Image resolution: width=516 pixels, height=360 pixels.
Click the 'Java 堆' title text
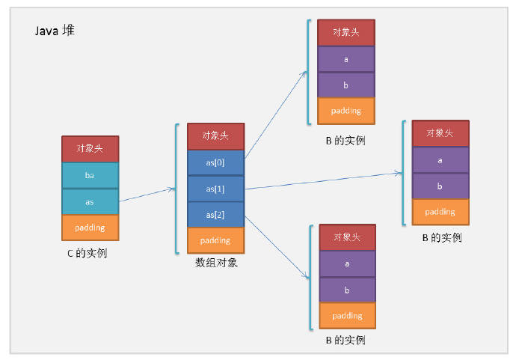coord(55,31)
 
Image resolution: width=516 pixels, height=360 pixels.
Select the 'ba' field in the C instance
coord(90,176)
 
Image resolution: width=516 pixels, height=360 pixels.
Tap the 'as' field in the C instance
coord(90,201)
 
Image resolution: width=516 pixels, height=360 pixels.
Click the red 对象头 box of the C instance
coord(90,148)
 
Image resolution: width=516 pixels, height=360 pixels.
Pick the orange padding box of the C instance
coord(90,228)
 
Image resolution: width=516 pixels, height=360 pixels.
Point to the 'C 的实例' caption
coord(87,253)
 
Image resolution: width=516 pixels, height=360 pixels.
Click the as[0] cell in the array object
coord(215,162)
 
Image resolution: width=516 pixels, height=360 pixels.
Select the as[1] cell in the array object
coord(215,189)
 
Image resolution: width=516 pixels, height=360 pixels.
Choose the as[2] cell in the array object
coord(215,215)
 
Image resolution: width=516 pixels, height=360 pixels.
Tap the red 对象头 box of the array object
coord(215,136)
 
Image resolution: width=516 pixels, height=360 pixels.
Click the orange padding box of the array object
coord(215,240)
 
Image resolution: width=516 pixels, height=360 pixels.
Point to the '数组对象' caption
coord(216,263)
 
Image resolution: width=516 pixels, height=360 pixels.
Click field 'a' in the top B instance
coord(345,59)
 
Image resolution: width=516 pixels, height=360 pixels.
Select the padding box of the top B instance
coord(345,111)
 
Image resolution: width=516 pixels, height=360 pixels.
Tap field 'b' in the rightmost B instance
coord(440,186)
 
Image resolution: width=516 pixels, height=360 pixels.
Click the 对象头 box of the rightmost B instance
coord(440,133)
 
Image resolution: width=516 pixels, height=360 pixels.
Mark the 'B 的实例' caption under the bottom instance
coord(345,341)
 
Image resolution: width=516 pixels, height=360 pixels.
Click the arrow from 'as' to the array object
coord(147,195)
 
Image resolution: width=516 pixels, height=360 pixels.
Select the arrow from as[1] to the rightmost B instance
coord(322,180)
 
